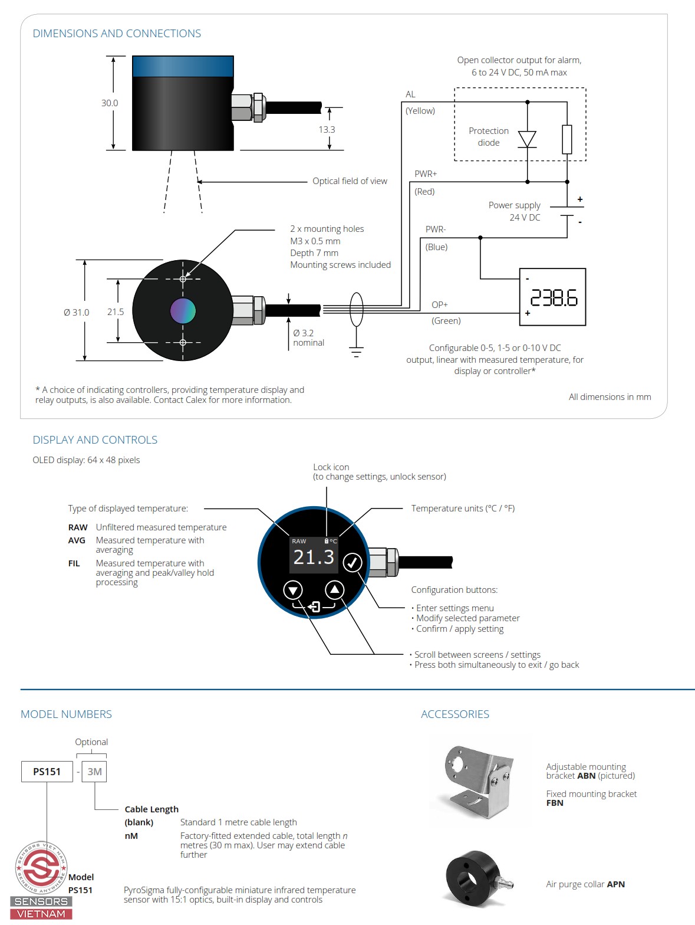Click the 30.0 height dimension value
click(110, 103)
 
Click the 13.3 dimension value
click(327, 130)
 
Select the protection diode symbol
click(526, 139)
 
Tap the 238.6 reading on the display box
click(554, 298)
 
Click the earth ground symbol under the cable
click(356, 352)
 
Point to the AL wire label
click(410, 94)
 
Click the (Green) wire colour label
click(446, 321)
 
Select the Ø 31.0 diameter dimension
click(77, 313)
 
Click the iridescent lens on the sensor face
click(183, 311)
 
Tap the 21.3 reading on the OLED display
click(314, 557)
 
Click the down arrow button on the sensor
click(293, 589)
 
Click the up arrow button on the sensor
click(334, 589)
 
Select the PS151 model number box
click(47, 772)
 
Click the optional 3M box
click(94, 772)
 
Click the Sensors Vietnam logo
click(41, 879)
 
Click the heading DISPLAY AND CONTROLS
click(95, 440)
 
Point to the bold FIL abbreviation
click(74, 563)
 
